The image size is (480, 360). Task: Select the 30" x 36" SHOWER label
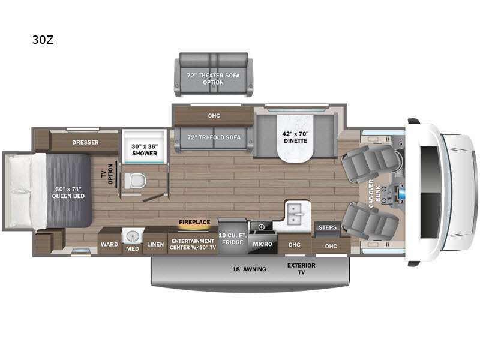[144, 148]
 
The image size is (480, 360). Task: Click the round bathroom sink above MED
[131, 235]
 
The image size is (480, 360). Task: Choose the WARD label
[109, 245]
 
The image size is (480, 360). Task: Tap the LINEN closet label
[155, 245]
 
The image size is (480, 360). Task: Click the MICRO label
[262, 245]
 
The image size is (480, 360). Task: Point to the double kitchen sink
[296, 212]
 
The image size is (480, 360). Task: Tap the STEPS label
[327, 227]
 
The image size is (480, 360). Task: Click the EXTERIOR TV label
[301, 268]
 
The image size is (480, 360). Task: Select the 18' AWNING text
[250, 269]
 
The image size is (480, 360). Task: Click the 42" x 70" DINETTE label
[295, 137]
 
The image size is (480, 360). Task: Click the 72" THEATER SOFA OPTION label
[213, 79]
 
